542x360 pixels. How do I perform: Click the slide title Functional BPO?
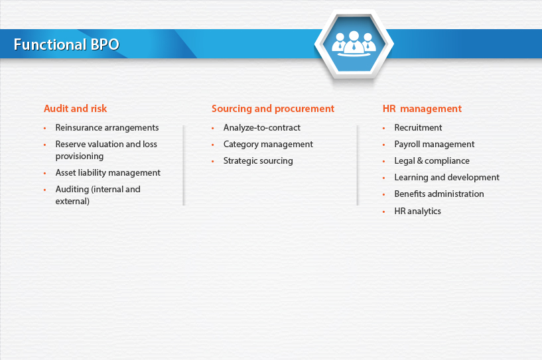pyautogui.click(x=66, y=44)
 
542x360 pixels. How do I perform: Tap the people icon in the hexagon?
pyautogui.click(x=354, y=44)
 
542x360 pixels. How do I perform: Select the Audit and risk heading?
pyautogui.click(x=76, y=109)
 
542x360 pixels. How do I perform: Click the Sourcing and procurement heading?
pyautogui.click(x=273, y=109)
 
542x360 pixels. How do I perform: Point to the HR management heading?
pyautogui.click(x=422, y=109)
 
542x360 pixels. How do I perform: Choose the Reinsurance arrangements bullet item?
pyautogui.click(x=107, y=128)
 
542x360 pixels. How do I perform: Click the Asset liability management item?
pyautogui.click(x=108, y=173)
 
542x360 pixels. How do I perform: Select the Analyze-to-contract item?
pyautogui.click(x=261, y=128)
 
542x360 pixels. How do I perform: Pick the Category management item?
pyautogui.click(x=268, y=145)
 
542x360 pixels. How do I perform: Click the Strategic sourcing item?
pyautogui.click(x=258, y=161)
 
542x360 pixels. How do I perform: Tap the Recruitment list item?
pyautogui.click(x=418, y=128)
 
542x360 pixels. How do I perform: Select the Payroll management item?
pyautogui.click(x=435, y=145)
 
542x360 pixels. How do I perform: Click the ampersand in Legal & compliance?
pyautogui.click(x=420, y=160)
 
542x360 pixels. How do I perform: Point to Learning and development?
pyautogui.click(x=447, y=178)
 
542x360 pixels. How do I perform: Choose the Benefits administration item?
pyautogui.click(x=439, y=194)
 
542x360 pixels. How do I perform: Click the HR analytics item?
pyautogui.click(x=417, y=211)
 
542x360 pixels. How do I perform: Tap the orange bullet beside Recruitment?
pyautogui.click(x=383, y=128)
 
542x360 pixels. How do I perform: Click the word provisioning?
pyautogui.click(x=80, y=156)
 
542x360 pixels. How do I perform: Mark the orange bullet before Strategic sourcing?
pyautogui.click(x=212, y=161)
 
